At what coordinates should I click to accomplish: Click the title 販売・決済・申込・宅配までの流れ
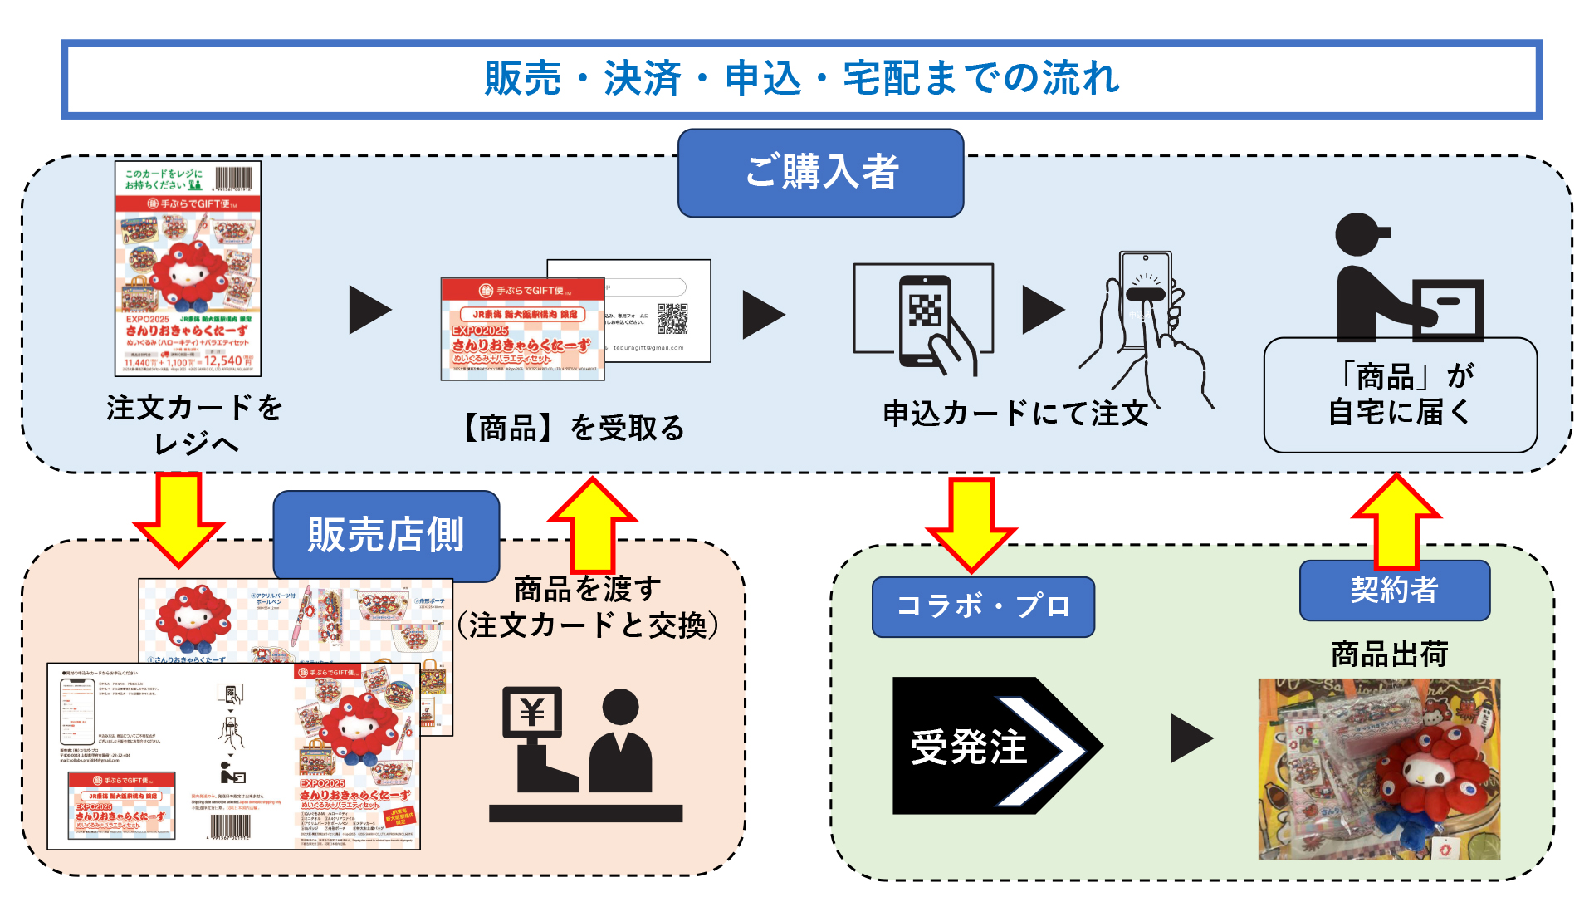point(801,79)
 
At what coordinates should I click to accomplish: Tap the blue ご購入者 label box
point(820,173)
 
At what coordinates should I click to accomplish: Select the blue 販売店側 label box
point(386,534)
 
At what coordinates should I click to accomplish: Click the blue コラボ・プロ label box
point(983,606)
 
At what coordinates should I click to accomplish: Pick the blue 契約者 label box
point(1394,591)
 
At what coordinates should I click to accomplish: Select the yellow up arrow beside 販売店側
point(592,523)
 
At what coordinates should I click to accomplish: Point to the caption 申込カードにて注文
point(1015,413)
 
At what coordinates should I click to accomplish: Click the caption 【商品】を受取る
point(573,429)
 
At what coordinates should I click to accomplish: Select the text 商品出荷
point(1389,654)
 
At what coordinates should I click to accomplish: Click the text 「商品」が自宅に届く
point(1400,394)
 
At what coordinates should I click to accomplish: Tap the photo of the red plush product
point(1379,769)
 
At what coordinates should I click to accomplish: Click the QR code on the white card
point(672,319)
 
